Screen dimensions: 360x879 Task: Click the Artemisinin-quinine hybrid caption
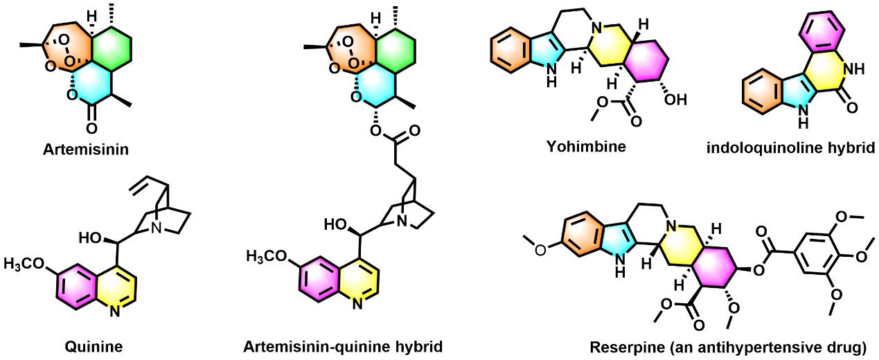pos(342,345)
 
